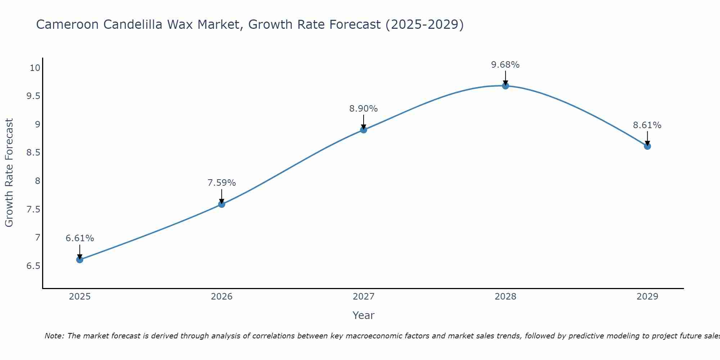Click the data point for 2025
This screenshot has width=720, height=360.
80,260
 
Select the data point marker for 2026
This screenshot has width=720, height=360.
221,204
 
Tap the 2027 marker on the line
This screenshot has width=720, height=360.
364,130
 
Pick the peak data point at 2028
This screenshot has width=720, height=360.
505,86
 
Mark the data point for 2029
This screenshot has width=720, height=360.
647,146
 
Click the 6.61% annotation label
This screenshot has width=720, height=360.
80,238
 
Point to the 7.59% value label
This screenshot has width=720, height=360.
221,183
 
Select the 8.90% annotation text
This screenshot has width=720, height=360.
364,109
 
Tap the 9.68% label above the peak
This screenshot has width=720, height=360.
505,65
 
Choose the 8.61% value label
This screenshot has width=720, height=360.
647,125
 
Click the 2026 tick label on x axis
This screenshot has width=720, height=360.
221,297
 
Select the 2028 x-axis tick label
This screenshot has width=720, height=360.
505,297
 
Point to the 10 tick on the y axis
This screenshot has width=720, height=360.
35,68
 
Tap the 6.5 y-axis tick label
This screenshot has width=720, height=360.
33,266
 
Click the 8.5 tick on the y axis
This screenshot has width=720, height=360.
33,153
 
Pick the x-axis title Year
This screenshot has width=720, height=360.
364,315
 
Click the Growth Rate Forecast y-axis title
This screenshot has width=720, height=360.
9,173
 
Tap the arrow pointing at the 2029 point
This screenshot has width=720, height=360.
647,138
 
